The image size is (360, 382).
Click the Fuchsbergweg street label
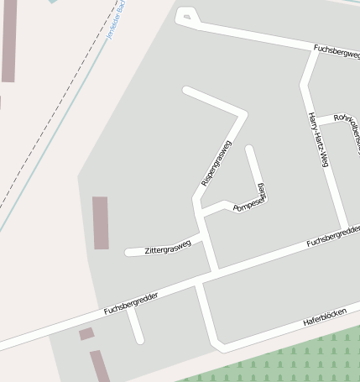point(336,51)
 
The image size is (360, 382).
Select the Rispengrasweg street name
point(216,163)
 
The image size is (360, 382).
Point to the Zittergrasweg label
point(168,248)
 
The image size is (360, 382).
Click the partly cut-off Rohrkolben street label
point(347,123)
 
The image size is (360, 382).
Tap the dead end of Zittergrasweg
point(128,252)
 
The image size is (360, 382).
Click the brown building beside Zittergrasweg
point(101,222)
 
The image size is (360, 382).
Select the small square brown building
point(86,334)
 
